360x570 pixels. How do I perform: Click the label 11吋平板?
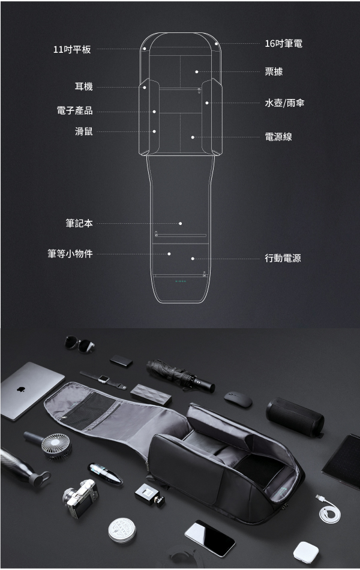pyautogui.click(x=72, y=49)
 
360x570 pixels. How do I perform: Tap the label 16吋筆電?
pyautogui.click(x=284, y=44)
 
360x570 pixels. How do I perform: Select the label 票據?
pyautogui.click(x=274, y=71)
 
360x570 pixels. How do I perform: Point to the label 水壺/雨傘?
pyautogui.click(x=284, y=103)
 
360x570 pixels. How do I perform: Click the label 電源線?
pyautogui.click(x=278, y=137)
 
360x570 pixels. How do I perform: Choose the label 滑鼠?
pyautogui.click(x=84, y=131)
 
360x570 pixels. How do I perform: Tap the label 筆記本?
pyautogui.click(x=79, y=223)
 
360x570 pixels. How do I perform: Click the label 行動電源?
pyautogui.click(x=283, y=258)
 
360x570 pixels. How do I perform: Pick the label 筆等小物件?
pyautogui.click(x=70, y=254)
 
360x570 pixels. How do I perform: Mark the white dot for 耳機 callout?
pyautogui.click(x=145, y=88)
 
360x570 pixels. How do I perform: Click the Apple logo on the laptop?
pyautogui.click(x=21, y=389)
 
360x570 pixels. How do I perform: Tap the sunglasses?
pyautogui.click(x=80, y=344)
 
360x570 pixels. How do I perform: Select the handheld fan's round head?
pyautogui.click(x=56, y=445)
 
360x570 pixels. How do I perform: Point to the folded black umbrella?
pyautogui.click(x=181, y=376)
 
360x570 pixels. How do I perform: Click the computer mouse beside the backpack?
pyautogui.click(x=238, y=399)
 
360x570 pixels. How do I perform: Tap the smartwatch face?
pyautogui.click(x=104, y=379)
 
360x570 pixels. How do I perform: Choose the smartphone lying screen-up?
pyautogui.click(x=210, y=538)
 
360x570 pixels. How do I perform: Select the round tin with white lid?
pyautogui.click(x=122, y=530)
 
